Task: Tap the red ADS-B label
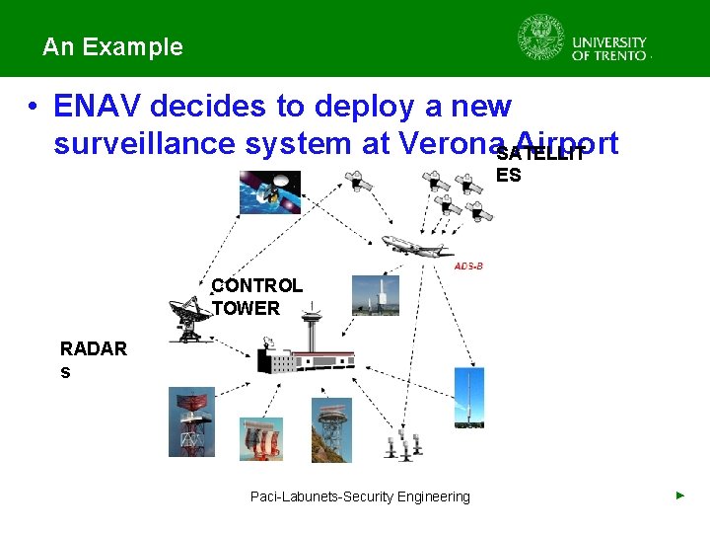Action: point(468,266)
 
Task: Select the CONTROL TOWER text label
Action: point(257,297)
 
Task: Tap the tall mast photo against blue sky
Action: point(468,398)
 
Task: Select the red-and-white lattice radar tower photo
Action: point(190,422)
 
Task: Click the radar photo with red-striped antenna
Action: point(261,438)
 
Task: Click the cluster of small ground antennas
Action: point(403,445)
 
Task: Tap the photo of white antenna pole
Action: point(376,294)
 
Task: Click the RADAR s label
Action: point(93,360)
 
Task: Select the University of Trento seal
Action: point(541,38)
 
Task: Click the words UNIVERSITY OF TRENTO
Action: point(609,49)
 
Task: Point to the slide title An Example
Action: point(112,46)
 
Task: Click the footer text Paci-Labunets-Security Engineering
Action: point(360,496)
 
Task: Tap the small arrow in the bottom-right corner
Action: point(679,495)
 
